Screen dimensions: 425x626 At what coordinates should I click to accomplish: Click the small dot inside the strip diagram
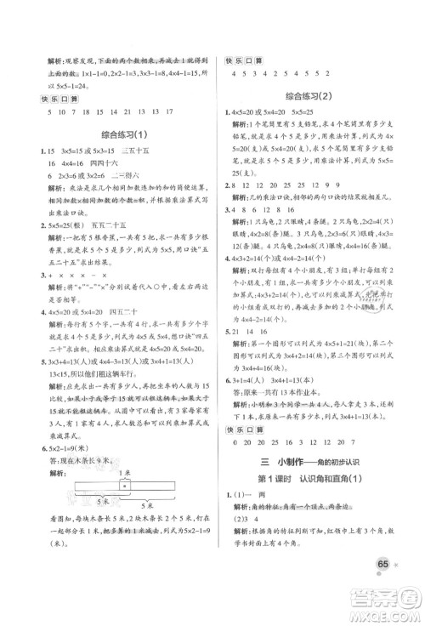coord(126,484)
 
